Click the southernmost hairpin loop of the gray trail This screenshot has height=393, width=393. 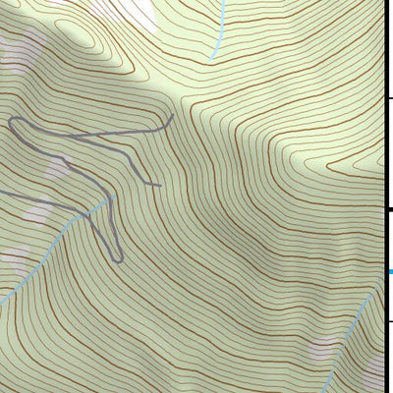click(117, 260)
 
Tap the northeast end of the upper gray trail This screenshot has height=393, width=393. click(172, 116)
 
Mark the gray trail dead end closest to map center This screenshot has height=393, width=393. click(159, 185)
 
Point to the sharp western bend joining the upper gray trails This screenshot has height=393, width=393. click(10, 121)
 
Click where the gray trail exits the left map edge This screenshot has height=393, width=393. click(1, 192)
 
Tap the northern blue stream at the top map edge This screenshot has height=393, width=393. click(223, 2)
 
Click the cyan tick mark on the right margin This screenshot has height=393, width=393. click(389, 271)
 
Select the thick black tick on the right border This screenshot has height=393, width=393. click(388, 209)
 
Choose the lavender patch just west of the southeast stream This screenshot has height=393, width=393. click(324, 349)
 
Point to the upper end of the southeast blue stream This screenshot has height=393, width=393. click(379, 280)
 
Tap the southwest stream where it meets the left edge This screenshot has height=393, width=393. click(2, 299)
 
